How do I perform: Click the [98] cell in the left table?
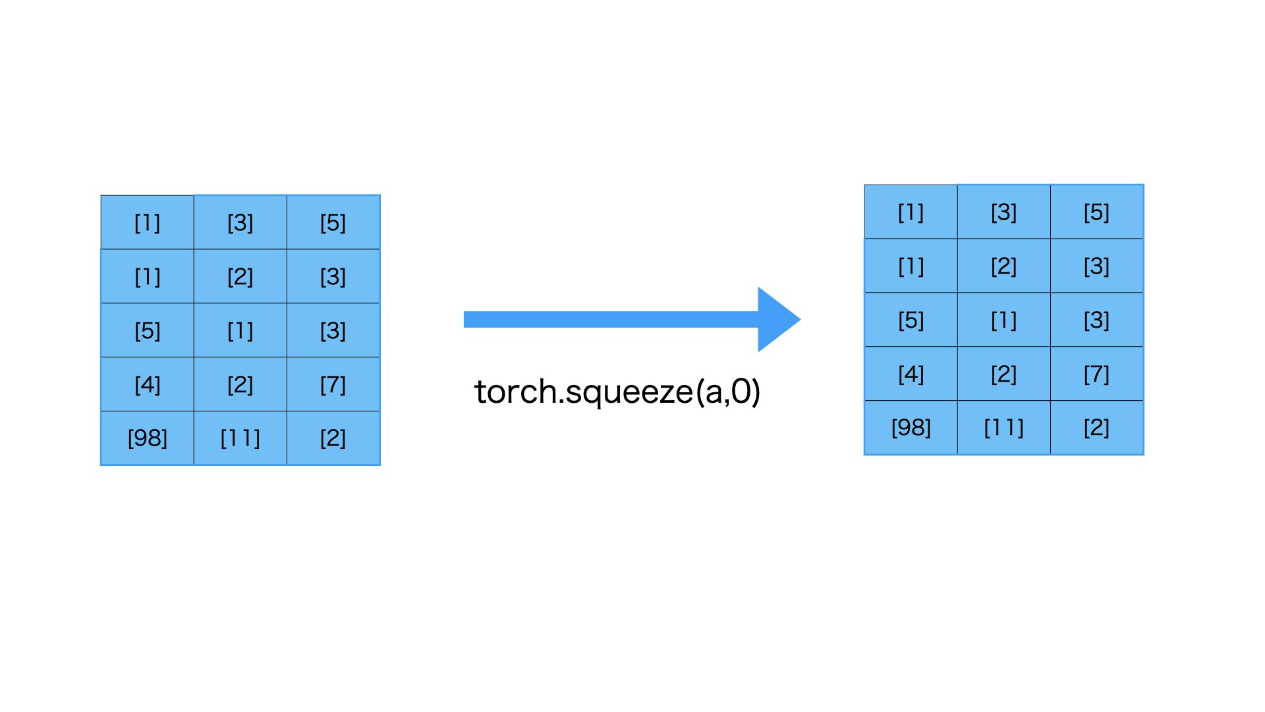147,438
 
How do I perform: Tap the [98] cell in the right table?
911,428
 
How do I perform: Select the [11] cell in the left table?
240,438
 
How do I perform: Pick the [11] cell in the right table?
1003,428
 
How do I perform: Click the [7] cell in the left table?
333,384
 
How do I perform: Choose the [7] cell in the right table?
1096,374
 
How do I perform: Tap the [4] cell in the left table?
147,384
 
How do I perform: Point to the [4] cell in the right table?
911,374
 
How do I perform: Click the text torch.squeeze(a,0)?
617,392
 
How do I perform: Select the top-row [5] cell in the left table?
333,223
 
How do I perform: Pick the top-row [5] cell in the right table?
1096,212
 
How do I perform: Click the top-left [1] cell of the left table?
147,223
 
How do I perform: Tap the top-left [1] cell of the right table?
911,212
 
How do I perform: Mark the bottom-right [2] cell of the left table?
333,438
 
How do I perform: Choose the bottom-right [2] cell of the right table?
1096,428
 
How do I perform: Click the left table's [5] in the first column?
147,330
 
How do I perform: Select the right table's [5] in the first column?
911,320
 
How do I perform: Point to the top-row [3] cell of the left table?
240,223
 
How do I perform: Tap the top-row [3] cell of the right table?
1003,212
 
